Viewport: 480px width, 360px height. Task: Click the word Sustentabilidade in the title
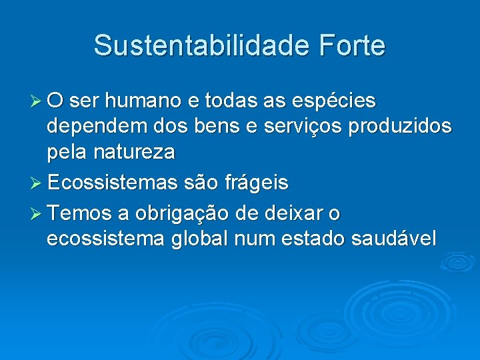201,45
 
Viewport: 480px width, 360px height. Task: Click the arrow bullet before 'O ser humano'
37,101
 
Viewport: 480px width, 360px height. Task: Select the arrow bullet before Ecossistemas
37,182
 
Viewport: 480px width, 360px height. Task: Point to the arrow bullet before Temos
37,214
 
